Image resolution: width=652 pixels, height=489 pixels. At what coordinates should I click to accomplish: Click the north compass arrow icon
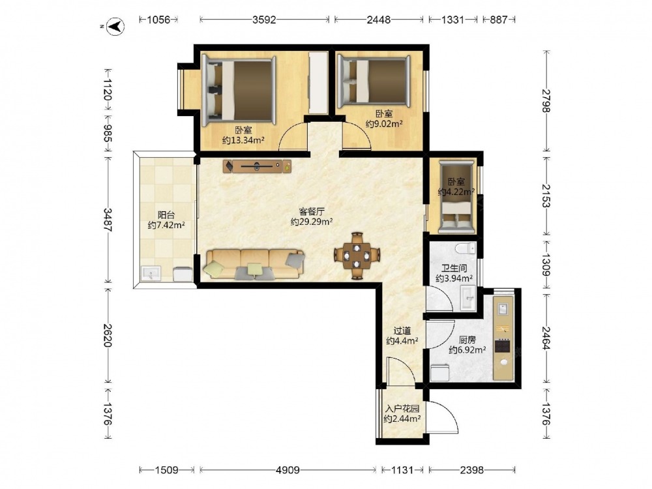pyautogui.click(x=115, y=27)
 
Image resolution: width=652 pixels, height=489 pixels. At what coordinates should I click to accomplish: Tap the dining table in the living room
pyautogui.click(x=357, y=256)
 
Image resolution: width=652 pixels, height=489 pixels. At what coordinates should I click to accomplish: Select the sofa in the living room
pyautogui.click(x=254, y=265)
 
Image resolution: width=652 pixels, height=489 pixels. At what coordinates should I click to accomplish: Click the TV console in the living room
pyautogui.click(x=257, y=166)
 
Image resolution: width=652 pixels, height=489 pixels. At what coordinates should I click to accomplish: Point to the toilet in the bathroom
pyautogui.click(x=466, y=248)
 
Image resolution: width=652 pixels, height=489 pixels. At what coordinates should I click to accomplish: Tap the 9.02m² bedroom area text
pyautogui.click(x=384, y=123)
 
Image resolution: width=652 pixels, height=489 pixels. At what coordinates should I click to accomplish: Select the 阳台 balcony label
pyautogui.click(x=166, y=215)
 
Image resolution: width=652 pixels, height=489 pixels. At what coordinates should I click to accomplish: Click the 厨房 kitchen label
pyautogui.click(x=467, y=340)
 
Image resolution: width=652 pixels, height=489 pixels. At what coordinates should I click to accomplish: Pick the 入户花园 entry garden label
pyautogui.click(x=402, y=408)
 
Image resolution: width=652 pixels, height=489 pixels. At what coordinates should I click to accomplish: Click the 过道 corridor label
pyautogui.click(x=402, y=331)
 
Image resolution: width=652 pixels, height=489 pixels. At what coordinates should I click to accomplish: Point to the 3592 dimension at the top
pyautogui.click(x=265, y=20)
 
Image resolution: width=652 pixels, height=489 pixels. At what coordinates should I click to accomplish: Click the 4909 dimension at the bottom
pyautogui.click(x=288, y=470)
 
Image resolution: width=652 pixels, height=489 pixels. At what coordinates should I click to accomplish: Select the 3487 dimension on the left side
pyautogui.click(x=108, y=220)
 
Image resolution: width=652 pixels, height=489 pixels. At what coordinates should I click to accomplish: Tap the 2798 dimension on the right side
pyautogui.click(x=546, y=100)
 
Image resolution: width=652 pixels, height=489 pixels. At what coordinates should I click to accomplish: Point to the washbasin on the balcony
pyautogui.click(x=151, y=273)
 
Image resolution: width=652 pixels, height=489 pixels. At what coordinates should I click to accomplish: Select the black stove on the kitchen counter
pyautogui.click(x=503, y=346)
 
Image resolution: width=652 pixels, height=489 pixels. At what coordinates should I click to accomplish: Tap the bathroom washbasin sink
pyautogui.click(x=468, y=298)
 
